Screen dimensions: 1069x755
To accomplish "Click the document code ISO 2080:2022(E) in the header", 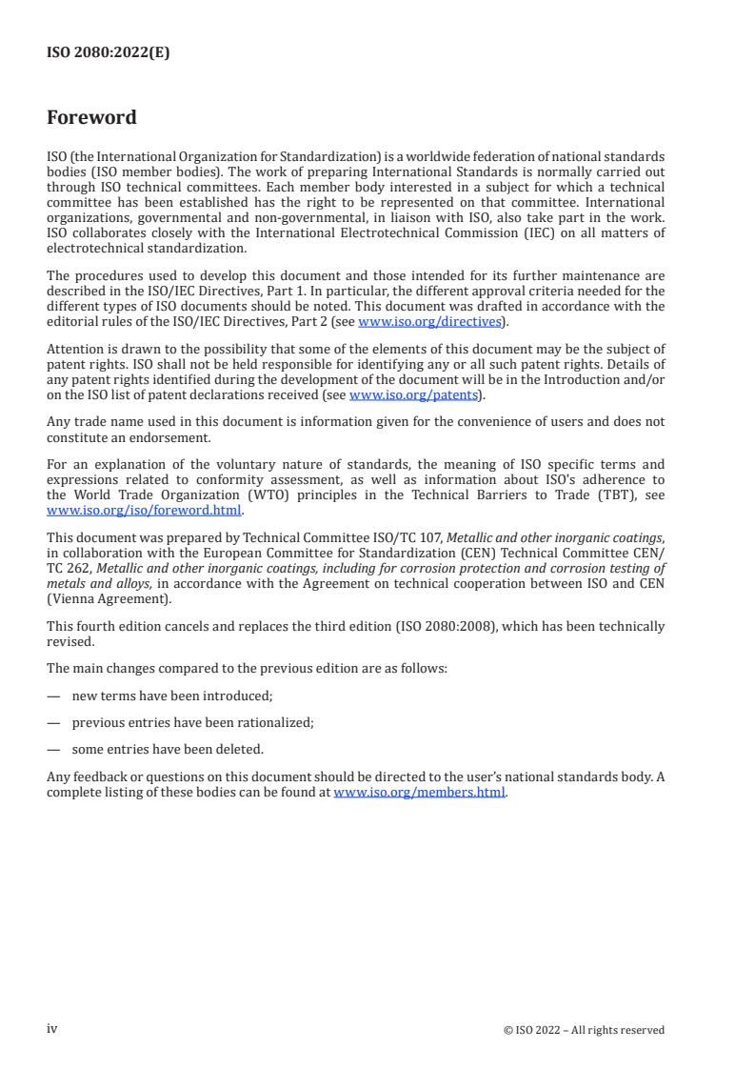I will (108, 53).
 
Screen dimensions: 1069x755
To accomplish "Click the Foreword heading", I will (91, 118).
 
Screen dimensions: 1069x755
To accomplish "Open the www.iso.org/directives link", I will (429, 321).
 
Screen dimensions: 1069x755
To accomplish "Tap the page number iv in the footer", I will (52, 1028).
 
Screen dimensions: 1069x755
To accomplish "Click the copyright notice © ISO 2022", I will (584, 1029).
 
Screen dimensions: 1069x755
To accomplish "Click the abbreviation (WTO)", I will (248, 495).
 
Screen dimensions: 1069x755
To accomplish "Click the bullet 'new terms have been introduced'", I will (172, 696).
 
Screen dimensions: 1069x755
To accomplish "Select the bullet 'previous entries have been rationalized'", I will (192, 722).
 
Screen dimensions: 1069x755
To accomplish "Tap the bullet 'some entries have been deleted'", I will (168, 749).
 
